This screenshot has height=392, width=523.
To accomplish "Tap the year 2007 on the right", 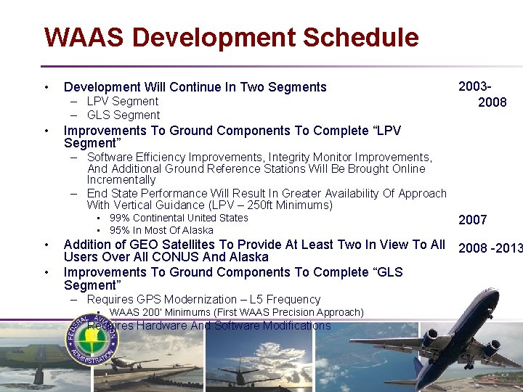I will (x=472, y=220).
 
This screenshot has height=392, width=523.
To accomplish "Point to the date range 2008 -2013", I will (x=490, y=248).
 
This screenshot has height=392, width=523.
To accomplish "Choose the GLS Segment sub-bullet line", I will (x=123, y=115).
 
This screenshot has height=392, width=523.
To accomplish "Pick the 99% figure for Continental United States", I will (x=121, y=218).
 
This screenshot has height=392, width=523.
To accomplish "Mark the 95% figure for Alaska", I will (x=121, y=230).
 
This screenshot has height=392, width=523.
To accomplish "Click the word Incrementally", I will (x=121, y=179).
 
